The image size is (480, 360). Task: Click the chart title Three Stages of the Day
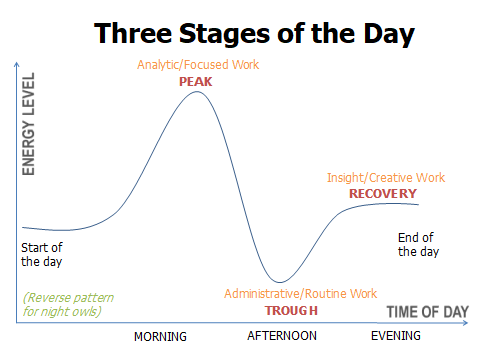tap(254, 33)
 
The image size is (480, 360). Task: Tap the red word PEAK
tap(196, 82)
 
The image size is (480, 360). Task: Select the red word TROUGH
tap(284, 310)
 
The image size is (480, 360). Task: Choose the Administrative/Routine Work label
tap(300, 294)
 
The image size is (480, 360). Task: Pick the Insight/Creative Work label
tap(386, 178)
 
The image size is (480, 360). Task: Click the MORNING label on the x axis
tap(160, 337)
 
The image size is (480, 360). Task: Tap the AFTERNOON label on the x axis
tap(282, 337)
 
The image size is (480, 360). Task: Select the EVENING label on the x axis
tap(396, 337)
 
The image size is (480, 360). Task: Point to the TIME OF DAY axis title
tap(427, 312)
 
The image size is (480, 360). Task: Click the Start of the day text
tap(42, 254)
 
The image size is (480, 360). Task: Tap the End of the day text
tap(418, 245)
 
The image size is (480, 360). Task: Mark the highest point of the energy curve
tap(196, 91)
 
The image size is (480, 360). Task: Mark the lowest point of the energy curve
tap(283, 282)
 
